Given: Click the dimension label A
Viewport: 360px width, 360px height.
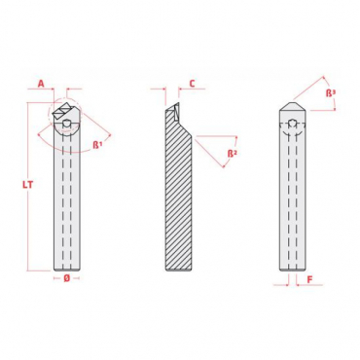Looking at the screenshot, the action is [x=41, y=84].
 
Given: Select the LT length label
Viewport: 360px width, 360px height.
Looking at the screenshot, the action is [x=28, y=185].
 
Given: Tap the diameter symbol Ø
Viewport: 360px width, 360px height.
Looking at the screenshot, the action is [x=66, y=278].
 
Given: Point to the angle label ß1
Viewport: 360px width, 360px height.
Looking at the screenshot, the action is [x=97, y=145].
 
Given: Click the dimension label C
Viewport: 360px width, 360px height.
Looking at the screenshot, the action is [x=192, y=84].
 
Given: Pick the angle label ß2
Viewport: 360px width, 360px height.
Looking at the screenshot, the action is [x=232, y=153].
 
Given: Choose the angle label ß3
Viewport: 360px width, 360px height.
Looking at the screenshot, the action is [x=331, y=93].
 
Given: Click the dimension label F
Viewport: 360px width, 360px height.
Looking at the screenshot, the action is [x=309, y=279].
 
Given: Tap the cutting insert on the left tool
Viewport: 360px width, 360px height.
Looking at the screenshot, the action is [x=63, y=110].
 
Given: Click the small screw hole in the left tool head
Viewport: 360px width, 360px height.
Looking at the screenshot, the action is [x=66, y=124].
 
